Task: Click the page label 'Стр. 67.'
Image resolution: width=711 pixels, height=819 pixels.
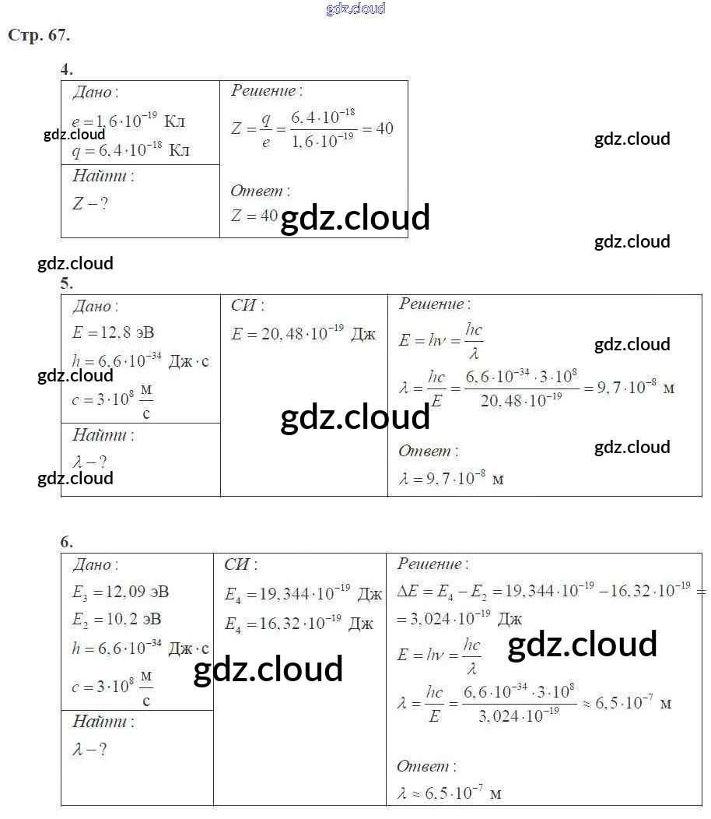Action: point(39,36)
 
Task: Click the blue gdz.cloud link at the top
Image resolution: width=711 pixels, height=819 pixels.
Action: point(355,9)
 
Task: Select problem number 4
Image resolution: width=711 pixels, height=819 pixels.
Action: point(67,69)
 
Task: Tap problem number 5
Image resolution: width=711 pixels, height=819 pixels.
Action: point(67,283)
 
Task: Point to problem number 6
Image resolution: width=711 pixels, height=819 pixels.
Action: point(67,542)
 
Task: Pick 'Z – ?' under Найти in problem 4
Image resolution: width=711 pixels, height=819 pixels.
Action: point(89,204)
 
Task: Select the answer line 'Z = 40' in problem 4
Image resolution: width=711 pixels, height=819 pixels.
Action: point(254,216)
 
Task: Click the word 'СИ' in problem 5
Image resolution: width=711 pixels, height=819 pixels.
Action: point(247,306)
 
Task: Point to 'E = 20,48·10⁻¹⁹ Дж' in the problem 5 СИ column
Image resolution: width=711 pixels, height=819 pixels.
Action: point(303,334)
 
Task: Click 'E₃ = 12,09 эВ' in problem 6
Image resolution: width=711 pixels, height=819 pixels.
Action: point(121,592)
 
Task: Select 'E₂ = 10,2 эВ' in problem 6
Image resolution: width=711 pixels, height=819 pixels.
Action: point(117,620)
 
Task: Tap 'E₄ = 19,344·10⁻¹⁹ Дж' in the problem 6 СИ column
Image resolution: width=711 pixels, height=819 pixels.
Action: point(303,595)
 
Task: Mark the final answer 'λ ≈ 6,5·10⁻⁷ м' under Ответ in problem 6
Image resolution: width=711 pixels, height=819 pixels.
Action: point(449,793)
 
